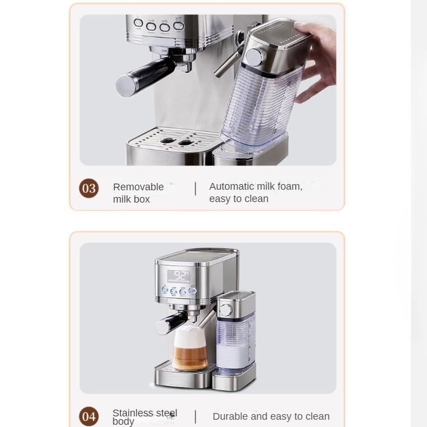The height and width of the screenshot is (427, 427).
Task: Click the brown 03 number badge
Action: (x=89, y=189)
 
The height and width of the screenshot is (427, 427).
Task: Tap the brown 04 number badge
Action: (x=89, y=416)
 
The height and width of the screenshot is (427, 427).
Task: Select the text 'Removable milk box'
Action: (x=138, y=193)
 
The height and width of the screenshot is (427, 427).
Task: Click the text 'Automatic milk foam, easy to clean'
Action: (x=256, y=193)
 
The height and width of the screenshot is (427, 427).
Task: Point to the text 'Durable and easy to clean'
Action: (x=271, y=416)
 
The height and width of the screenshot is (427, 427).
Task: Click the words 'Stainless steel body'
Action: (x=144, y=416)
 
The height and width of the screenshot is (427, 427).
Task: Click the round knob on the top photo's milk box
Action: (x=257, y=56)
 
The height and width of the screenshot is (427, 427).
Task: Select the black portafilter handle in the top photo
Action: (x=143, y=76)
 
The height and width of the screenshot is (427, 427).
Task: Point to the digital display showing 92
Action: (x=180, y=275)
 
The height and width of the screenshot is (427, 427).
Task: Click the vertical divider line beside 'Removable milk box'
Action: (x=195, y=189)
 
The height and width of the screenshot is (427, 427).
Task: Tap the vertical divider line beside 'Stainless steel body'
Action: (x=195, y=416)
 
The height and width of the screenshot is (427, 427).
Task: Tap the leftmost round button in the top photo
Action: (x=138, y=24)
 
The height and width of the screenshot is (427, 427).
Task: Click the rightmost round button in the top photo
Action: (x=178, y=26)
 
